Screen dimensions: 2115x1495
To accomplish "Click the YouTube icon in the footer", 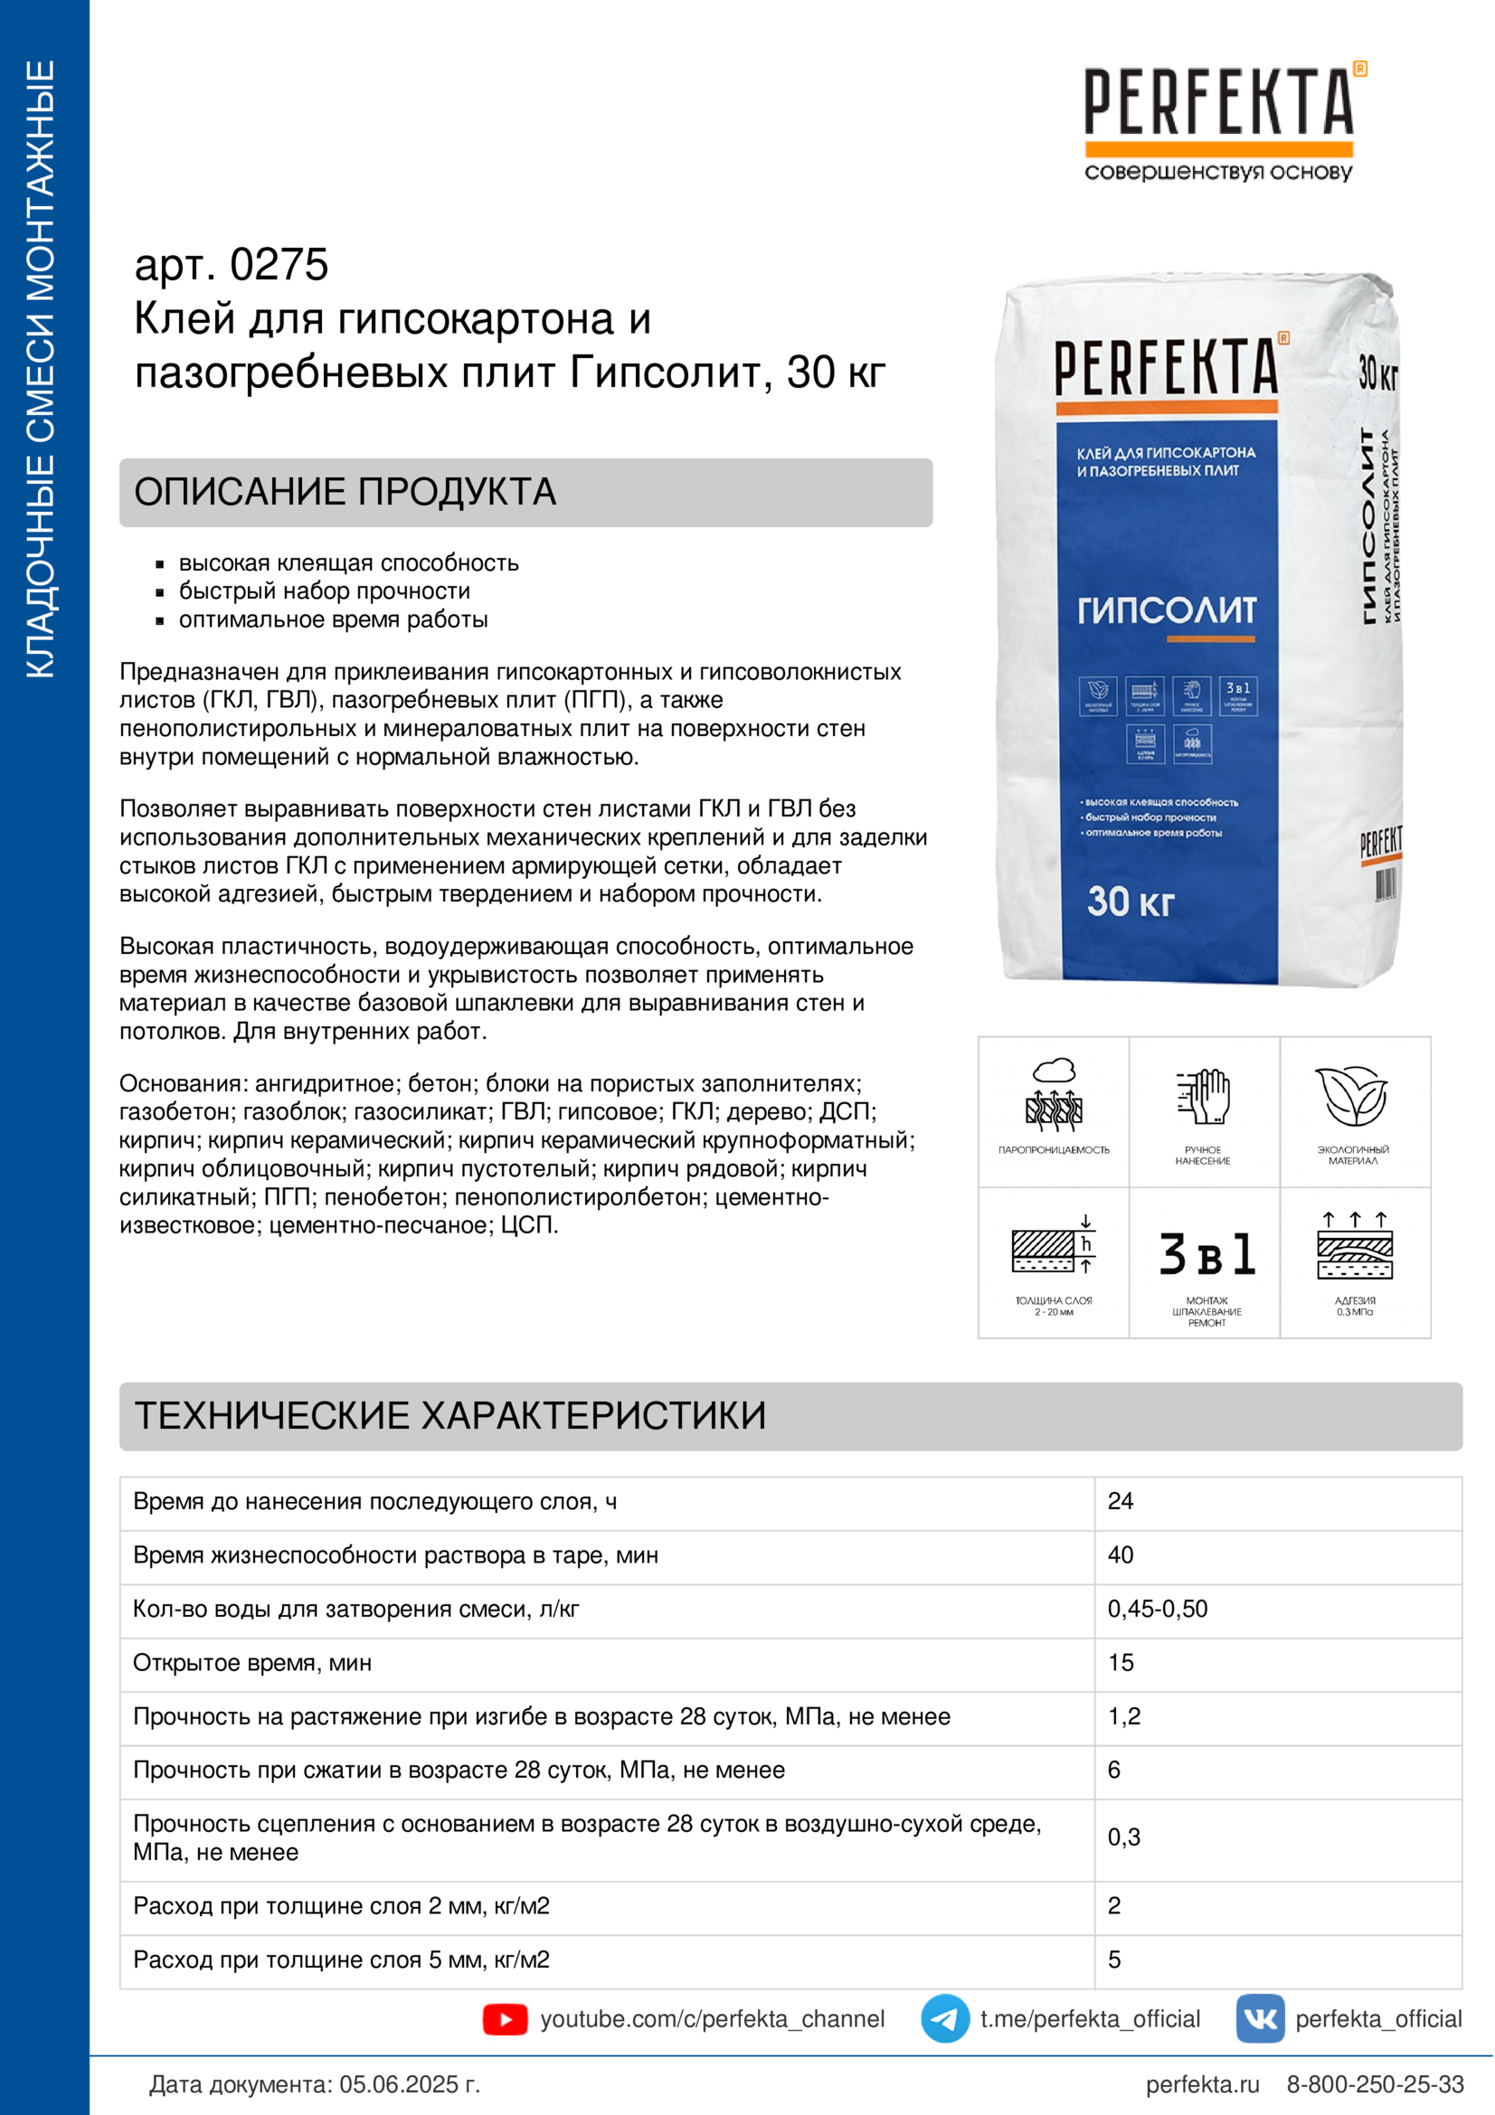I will point(505,2019).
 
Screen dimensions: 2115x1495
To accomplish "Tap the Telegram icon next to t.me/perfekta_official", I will point(944,2018).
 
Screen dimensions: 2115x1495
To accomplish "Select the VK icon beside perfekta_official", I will point(1259,2018).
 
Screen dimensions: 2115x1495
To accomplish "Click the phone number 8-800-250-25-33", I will point(1375,2084).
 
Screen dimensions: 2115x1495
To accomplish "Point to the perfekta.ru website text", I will point(1202,2084).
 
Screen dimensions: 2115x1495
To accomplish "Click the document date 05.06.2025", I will point(409,2084).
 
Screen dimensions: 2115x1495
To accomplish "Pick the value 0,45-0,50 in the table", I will point(1157,1609).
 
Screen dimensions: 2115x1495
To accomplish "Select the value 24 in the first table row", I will point(1120,1501).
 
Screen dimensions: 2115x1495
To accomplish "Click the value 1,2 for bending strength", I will point(1124,1716).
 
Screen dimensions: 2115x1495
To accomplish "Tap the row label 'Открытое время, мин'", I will point(252,1663).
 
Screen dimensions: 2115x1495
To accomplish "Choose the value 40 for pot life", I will point(1120,1555).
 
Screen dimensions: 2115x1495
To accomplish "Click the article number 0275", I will point(279,265).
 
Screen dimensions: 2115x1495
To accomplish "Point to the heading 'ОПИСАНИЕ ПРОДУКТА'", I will point(345,492).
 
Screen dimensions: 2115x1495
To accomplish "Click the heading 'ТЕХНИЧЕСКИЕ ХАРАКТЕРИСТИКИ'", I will point(450,1416).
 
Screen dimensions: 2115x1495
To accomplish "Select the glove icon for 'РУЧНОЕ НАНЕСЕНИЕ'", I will point(1204,1096).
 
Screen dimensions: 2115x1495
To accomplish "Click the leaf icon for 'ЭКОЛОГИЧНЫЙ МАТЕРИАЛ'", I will point(1352,1096).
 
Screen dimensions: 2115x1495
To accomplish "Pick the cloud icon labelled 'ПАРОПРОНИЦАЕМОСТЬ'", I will point(1054,1096).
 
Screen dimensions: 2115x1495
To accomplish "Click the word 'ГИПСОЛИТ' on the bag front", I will point(1166,609).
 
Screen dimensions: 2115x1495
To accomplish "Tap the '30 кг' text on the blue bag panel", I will point(1131,901).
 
